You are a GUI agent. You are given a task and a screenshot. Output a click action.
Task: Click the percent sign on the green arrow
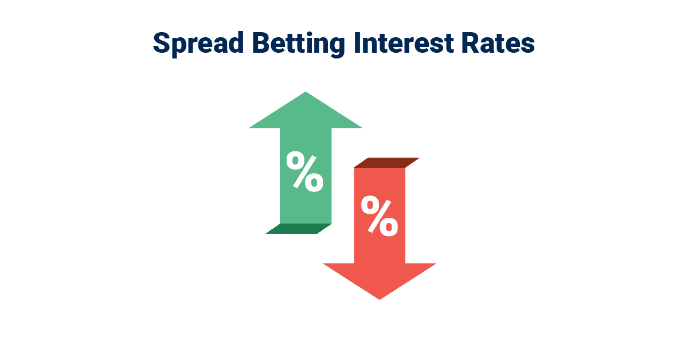tap(305, 171)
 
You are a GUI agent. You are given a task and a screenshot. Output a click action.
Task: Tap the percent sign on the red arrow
tap(379, 216)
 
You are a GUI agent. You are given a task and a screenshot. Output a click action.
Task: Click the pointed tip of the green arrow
tap(306, 93)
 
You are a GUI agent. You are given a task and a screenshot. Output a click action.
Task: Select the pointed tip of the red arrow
tap(380, 298)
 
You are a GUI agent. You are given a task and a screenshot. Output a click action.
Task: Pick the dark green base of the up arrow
tap(299, 228)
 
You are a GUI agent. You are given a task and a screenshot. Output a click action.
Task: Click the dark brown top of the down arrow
tap(386, 162)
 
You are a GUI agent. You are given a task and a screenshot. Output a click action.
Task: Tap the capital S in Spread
tap(162, 44)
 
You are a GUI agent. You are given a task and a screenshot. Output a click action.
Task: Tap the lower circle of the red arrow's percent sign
tap(388, 226)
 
